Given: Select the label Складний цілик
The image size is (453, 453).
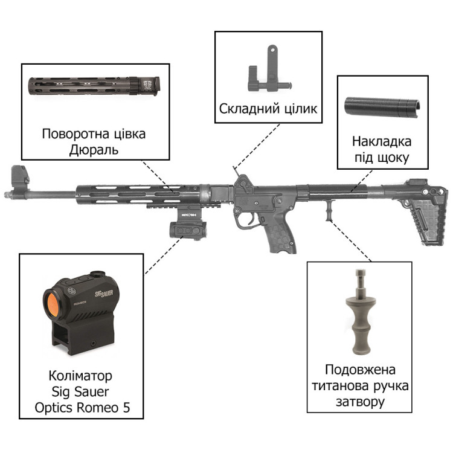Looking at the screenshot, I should pos(268,109).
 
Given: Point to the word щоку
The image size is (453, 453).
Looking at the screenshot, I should pos(393,158).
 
